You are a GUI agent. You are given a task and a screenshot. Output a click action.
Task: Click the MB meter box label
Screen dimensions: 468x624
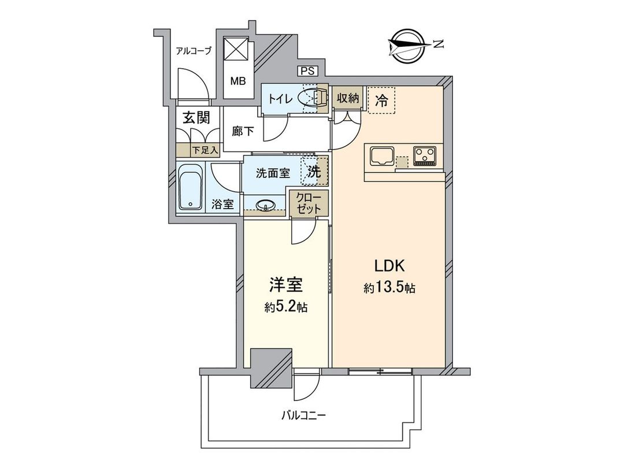tap(238, 81)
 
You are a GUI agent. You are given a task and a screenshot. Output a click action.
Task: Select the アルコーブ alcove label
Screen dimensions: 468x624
tap(194, 51)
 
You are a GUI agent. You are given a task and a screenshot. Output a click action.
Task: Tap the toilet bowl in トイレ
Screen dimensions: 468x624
tap(313, 98)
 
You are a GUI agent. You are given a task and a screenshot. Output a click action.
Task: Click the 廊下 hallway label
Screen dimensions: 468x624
tap(243, 131)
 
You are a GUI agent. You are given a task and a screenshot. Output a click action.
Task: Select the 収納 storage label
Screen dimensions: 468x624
tap(348, 98)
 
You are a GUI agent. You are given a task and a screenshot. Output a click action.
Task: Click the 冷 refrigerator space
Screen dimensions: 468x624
tap(382, 100)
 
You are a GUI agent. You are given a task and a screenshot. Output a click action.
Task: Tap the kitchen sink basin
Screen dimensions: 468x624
tap(382, 157)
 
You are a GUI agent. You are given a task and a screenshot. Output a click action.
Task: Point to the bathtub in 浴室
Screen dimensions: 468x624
tap(190, 189)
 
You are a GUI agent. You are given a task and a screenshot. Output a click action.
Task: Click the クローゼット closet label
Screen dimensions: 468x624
tap(310, 204)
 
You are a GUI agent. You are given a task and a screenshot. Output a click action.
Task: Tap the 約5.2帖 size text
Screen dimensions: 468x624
tap(286, 308)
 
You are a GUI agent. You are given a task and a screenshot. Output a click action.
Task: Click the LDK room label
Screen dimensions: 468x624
tap(391, 266)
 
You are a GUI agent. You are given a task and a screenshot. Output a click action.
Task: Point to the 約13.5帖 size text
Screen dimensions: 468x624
tap(391, 288)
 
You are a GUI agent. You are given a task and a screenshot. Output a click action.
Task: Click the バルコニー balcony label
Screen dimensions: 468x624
tap(304, 415)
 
